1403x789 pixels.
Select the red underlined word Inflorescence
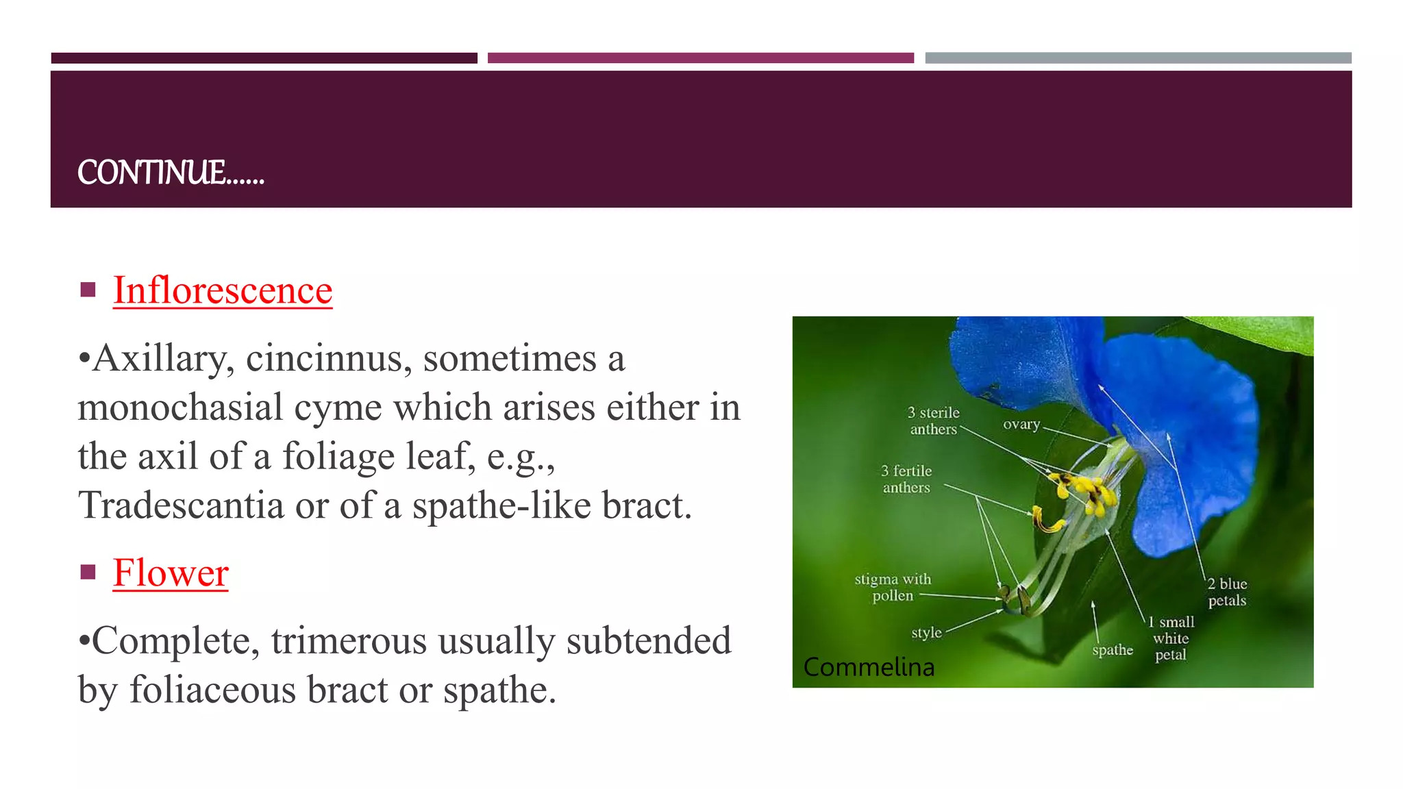tap(223, 290)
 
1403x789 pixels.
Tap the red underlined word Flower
tap(171, 573)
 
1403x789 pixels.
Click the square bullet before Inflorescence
tap(88, 290)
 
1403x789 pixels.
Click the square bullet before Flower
tap(88, 572)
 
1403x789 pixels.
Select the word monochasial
tap(180, 408)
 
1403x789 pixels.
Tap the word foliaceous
tap(212, 690)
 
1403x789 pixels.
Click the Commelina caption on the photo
tap(869, 667)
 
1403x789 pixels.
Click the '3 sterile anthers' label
tap(933, 421)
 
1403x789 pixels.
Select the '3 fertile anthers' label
tap(906, 479)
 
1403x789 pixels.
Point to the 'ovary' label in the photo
tap(1021, 425)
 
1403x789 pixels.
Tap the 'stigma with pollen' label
tap(893, 587)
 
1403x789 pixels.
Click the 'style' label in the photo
tap(926, 633)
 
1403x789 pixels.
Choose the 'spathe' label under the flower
tap(1113, 650)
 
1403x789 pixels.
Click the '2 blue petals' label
tap(1227, 592)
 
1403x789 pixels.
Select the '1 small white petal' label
tap(1171, 638)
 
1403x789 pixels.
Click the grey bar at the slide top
tap(1138, 58)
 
